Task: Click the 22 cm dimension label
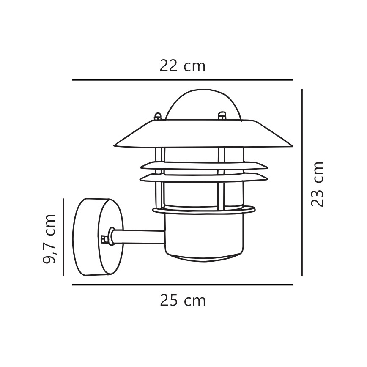[x=182, y=66]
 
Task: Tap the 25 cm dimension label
[x=183, y=301]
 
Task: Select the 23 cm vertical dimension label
[x=317, y=184]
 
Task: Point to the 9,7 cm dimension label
[x=50, y=238]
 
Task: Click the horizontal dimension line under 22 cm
[x=182, y=80]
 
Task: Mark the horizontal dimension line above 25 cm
[x=182, y=285]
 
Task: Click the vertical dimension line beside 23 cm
[x=302, y=182]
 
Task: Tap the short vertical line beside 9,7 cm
[x=63, y=237]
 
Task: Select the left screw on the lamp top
[x=158, y=116]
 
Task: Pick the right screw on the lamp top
[x=221, y=115]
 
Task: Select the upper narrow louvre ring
[x=203, y=165]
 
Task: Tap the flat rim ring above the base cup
[x=204, y=210]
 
